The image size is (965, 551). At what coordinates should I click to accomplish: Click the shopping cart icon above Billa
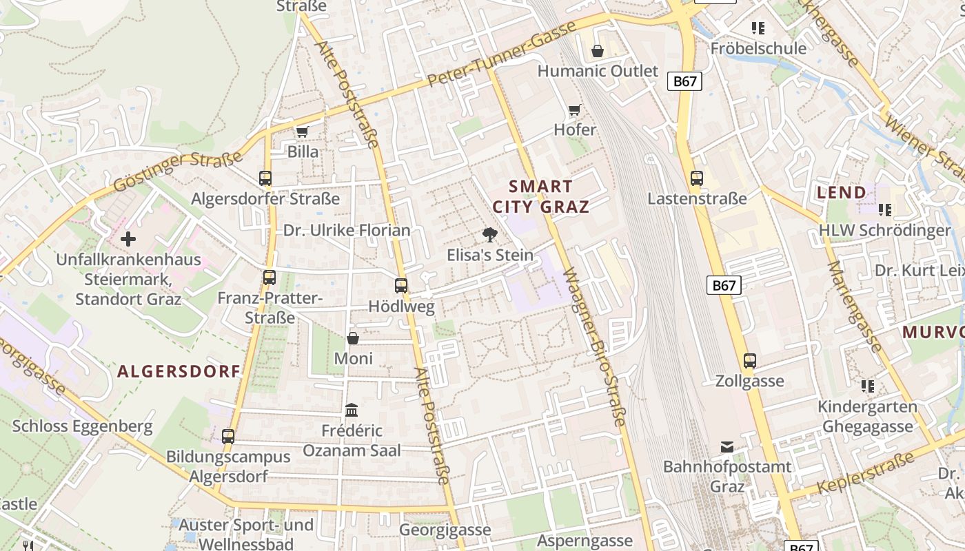[x=302, y=131]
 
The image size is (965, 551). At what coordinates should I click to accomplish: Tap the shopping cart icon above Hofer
[x=574, y=110]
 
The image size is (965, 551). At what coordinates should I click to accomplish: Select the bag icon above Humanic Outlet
[x=598, y=51]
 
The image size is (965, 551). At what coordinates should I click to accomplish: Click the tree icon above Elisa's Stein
[x=490, y=235]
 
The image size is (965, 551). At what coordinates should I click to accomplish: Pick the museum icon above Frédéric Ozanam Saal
[x=352, y=410]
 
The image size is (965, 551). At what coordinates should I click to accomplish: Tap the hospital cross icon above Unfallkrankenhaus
[x=128, y=240]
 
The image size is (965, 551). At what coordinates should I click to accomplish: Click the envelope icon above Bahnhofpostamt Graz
[x=727, y=447]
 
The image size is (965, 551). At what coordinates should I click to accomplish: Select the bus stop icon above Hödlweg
[x=401, y=286]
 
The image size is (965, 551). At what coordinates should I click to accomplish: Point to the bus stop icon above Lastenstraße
[x=697, y=178]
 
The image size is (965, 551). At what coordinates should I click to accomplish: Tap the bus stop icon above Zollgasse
[x=750, y=361]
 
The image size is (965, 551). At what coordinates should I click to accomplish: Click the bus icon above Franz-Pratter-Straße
[x=270, y=278]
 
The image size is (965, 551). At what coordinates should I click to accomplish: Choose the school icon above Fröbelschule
[x=758, y=28]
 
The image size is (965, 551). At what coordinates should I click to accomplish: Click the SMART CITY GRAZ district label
[x=541, y=196]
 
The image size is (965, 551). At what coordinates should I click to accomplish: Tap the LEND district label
[x=841, y=193]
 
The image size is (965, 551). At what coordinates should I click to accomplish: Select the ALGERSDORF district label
[x=179, y=372]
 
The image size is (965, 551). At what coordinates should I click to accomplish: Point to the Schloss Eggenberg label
[x=83, y=426]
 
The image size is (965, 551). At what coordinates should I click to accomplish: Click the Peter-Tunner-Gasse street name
[x=501, y=54]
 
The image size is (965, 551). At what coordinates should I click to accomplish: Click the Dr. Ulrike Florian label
[x=347, y=230]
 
